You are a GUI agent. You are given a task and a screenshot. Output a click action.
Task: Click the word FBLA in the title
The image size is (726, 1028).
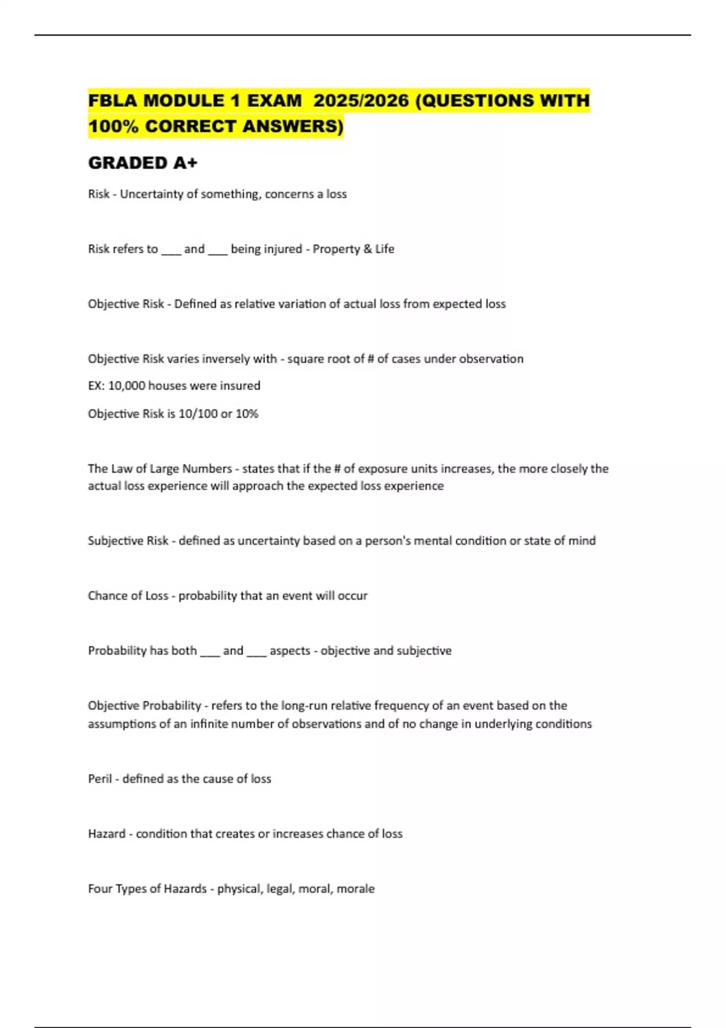point(112,100)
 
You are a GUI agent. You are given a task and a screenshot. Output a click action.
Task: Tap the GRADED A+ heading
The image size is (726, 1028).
point(143,163)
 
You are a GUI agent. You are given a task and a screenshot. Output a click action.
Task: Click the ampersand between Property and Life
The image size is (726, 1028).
point(368,249)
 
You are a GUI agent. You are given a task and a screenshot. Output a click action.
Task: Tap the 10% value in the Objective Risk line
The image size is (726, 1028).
point(247,414)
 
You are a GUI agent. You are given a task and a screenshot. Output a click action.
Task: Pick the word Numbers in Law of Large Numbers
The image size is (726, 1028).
point(207,469)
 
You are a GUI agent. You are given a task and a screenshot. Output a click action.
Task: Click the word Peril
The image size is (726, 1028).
point(100,779)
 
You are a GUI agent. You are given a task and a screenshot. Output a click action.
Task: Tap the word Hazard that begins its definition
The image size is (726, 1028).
point(106,834)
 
